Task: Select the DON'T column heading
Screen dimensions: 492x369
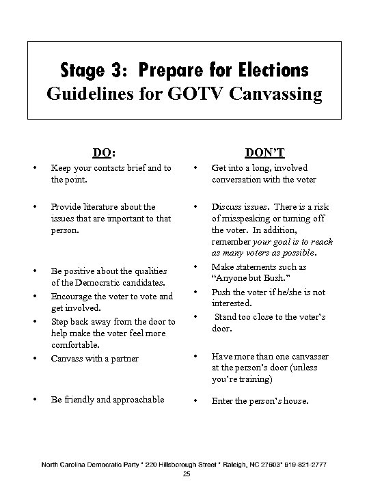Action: click(x=266, y=154)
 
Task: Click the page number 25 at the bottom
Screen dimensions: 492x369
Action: click(x=184, y=474)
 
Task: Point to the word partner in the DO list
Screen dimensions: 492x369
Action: click(x=123, y=358)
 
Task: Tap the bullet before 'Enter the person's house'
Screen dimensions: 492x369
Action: click(x=195, y=401)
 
